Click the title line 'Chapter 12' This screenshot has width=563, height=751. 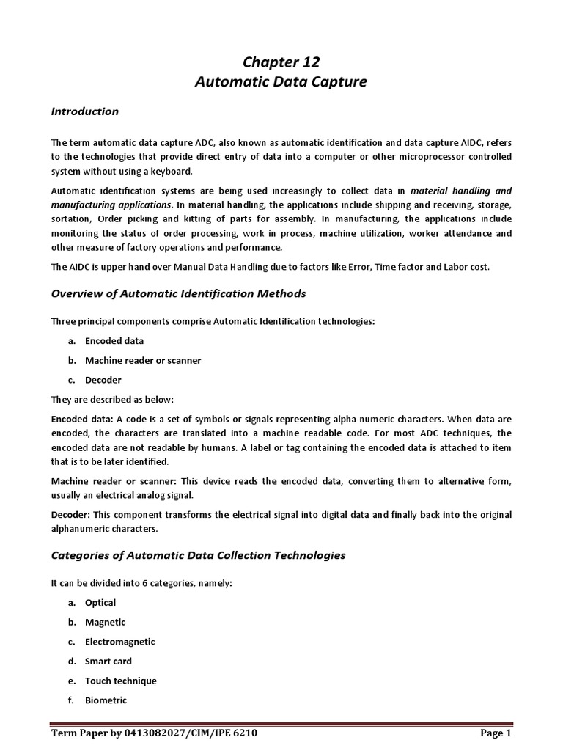[281, 62]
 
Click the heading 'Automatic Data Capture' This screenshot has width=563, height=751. [281, 82]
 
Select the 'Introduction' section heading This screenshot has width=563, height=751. [84, 111]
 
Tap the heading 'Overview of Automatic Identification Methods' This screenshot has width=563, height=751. [178, 293]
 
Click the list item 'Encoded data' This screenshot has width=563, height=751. [114, 341]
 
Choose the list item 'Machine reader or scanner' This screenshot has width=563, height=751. [142, 360]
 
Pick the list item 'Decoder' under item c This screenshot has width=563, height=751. [103, 380]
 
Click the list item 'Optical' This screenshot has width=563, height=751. [100, 602]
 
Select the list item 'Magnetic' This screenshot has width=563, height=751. [105, 622]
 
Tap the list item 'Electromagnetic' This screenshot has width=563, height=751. [119, 642]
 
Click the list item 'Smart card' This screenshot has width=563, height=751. [108, 661]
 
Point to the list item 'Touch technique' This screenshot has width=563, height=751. [120, 681]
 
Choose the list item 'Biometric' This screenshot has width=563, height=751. [106, 700]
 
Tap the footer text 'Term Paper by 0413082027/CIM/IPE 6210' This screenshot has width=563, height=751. [153, 733]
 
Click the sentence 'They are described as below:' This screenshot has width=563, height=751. [110, 399]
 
